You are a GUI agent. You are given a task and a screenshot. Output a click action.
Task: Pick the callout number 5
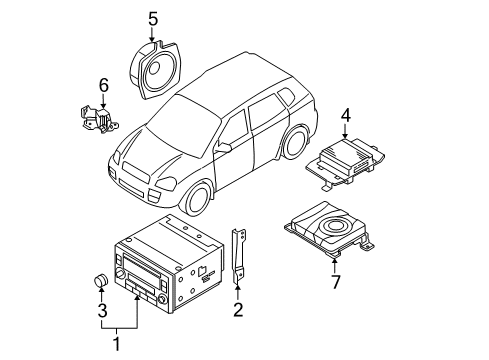(x=153, y=17)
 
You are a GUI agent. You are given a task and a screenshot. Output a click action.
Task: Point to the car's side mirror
(x=224, y=148)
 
